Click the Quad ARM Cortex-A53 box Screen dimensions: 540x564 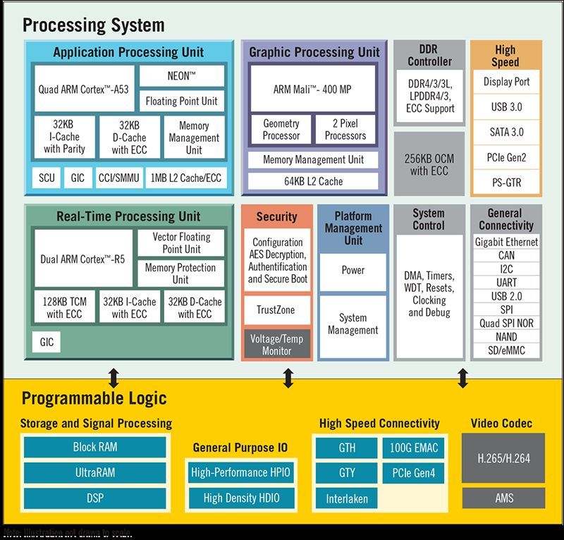(x=83, y=90)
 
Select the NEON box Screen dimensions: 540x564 (x=182, y=75)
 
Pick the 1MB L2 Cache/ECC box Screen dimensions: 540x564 (x=185, y=178)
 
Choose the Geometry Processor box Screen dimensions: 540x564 (x=281, y=129)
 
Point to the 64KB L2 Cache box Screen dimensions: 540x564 (x=313, y=181)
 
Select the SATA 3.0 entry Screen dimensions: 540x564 (x=506, y=132)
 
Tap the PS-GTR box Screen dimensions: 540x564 (x=506, y=183)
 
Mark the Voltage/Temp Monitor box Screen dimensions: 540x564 (x=276, y=344)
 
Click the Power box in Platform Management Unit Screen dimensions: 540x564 (x=352, y=270)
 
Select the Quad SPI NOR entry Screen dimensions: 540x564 (x=506, y=324)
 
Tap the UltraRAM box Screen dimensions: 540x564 (x=95, y=472)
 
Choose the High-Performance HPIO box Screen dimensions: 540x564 (x=241, y=472)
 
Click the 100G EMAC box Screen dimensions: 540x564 (x=413, y=447)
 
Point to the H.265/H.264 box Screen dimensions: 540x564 (x=501, y=458)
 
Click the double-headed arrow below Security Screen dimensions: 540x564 (x=288, y=379)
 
